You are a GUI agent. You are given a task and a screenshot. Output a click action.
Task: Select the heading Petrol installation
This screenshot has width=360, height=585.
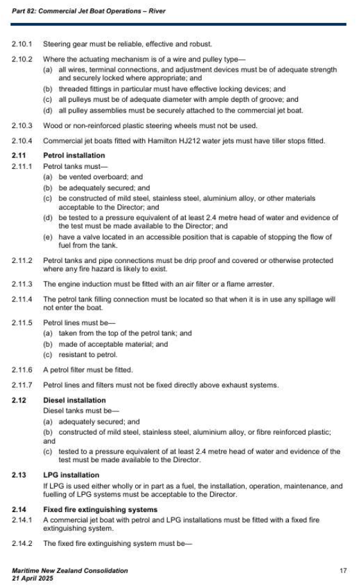[x=73, y=155]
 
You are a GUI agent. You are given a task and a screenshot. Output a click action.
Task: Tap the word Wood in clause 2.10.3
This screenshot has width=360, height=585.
[x=52, y=125]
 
